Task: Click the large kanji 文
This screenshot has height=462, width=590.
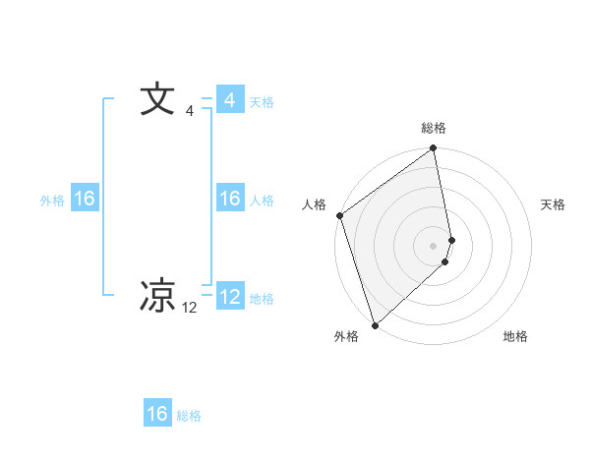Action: [157, 100]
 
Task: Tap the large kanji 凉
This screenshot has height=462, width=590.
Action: [157, 295]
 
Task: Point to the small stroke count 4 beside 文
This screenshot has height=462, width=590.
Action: [190, 111]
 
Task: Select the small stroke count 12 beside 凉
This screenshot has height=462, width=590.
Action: [190, 308]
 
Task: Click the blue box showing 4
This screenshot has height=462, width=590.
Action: [229, 100]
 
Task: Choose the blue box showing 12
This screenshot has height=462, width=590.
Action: [229, 297]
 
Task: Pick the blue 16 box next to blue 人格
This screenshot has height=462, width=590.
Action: [229, 199]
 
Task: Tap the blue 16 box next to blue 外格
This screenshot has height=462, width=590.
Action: [85, 199]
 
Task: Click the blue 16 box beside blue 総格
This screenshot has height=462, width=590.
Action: [157, 414]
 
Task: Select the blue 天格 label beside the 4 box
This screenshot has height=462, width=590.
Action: [262, 102]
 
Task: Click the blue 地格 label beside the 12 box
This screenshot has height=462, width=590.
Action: [262, 299]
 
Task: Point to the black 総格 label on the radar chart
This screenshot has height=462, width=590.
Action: [434, 129]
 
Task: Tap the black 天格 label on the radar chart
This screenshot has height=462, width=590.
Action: [554, 204]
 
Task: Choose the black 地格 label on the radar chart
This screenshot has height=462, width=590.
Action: [515, 336]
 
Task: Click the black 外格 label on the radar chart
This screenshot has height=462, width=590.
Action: [346, 336]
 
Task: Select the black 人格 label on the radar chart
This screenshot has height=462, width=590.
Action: [315, 204]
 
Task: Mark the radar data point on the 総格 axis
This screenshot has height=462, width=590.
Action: [434, 149]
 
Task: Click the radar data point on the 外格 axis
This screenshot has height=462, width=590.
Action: [374, 323]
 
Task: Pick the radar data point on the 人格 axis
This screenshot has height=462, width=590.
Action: [339, 215]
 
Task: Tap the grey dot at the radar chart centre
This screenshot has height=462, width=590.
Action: [434, 245]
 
